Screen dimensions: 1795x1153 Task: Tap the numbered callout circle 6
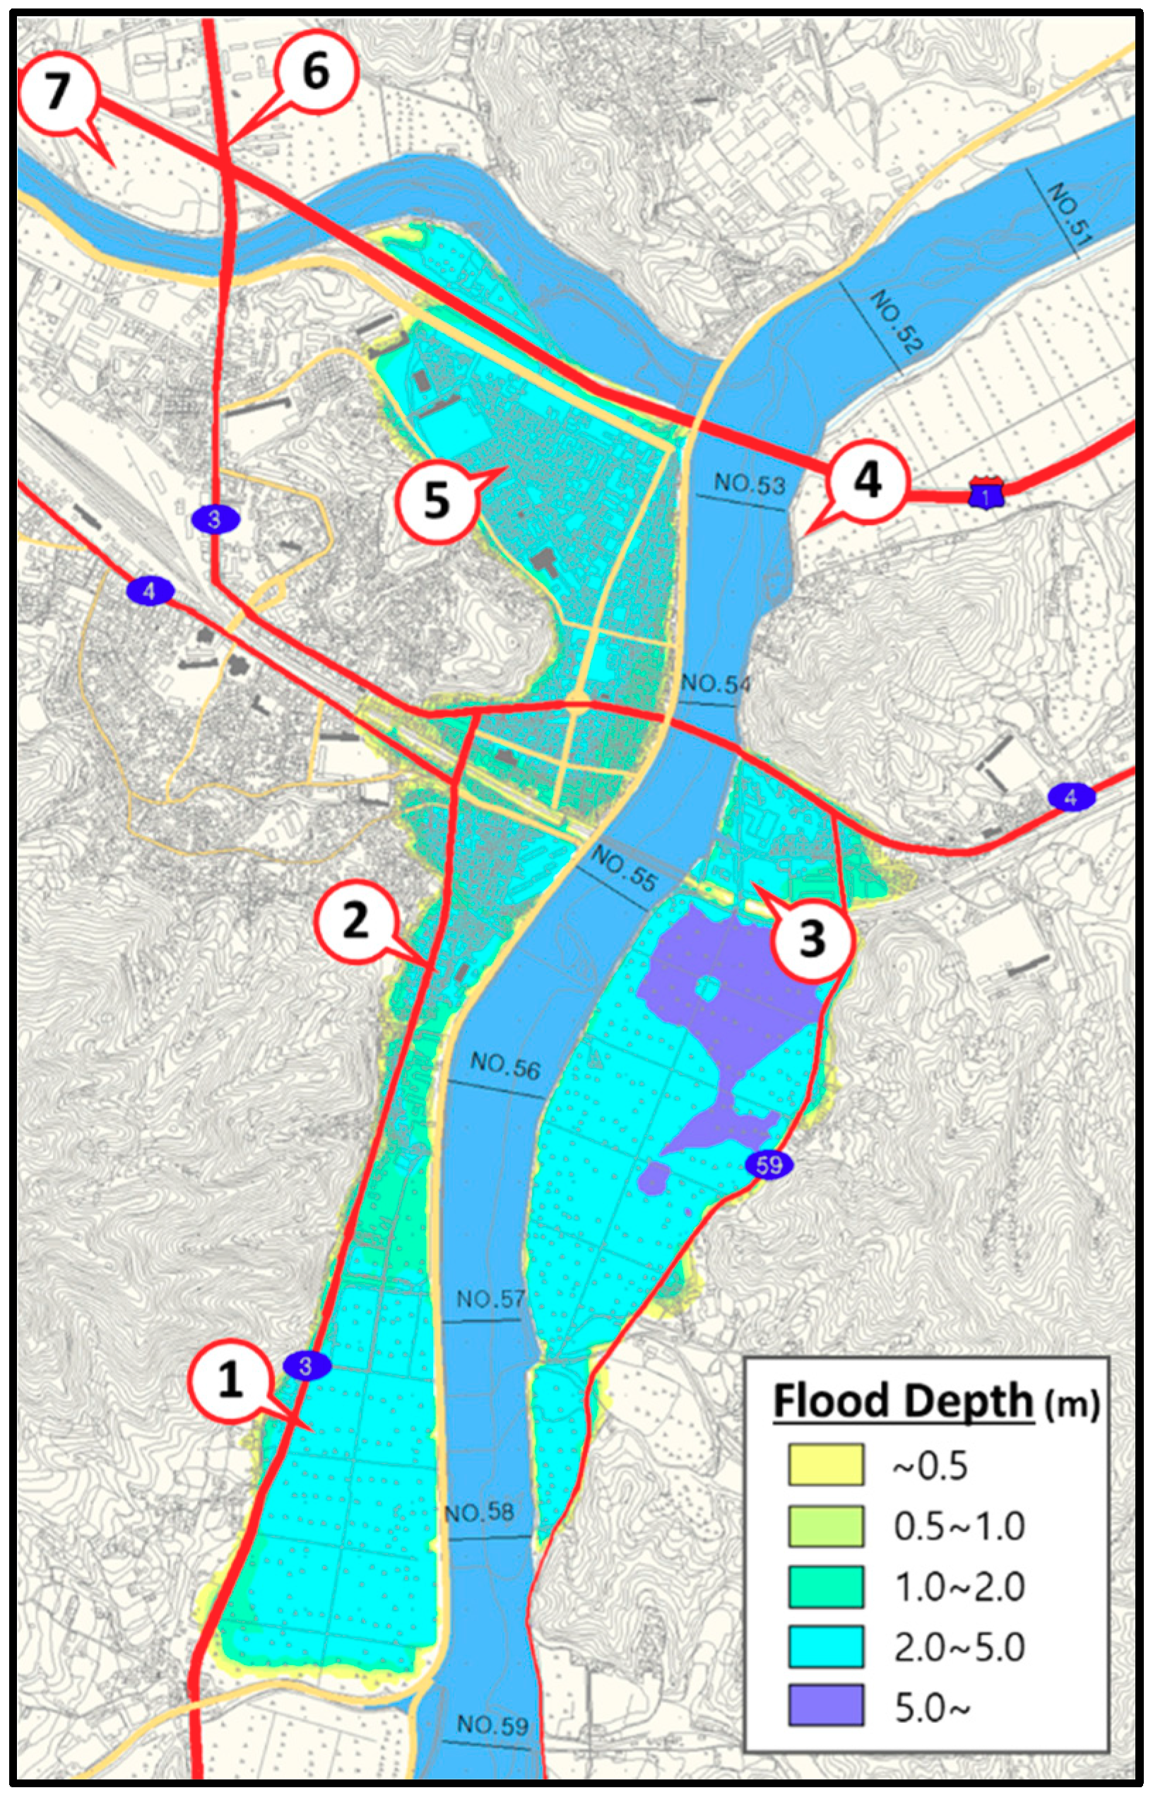[x=315, y=73]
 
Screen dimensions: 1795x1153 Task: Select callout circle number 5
[x=437, y=500]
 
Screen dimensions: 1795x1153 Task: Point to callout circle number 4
[x=868, y=480]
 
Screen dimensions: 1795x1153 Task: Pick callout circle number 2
[x=354, y=920]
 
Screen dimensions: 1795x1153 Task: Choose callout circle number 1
[x=229, y=1379]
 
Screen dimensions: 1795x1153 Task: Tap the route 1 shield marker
[x=986, y=493]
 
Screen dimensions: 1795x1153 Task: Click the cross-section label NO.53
[x=750, y=485]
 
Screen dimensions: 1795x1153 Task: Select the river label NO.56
[x=505, y=1066]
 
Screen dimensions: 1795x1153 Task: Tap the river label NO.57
[x=491, y=1298]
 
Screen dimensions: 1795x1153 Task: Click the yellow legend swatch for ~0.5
[x=825, y=1466]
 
